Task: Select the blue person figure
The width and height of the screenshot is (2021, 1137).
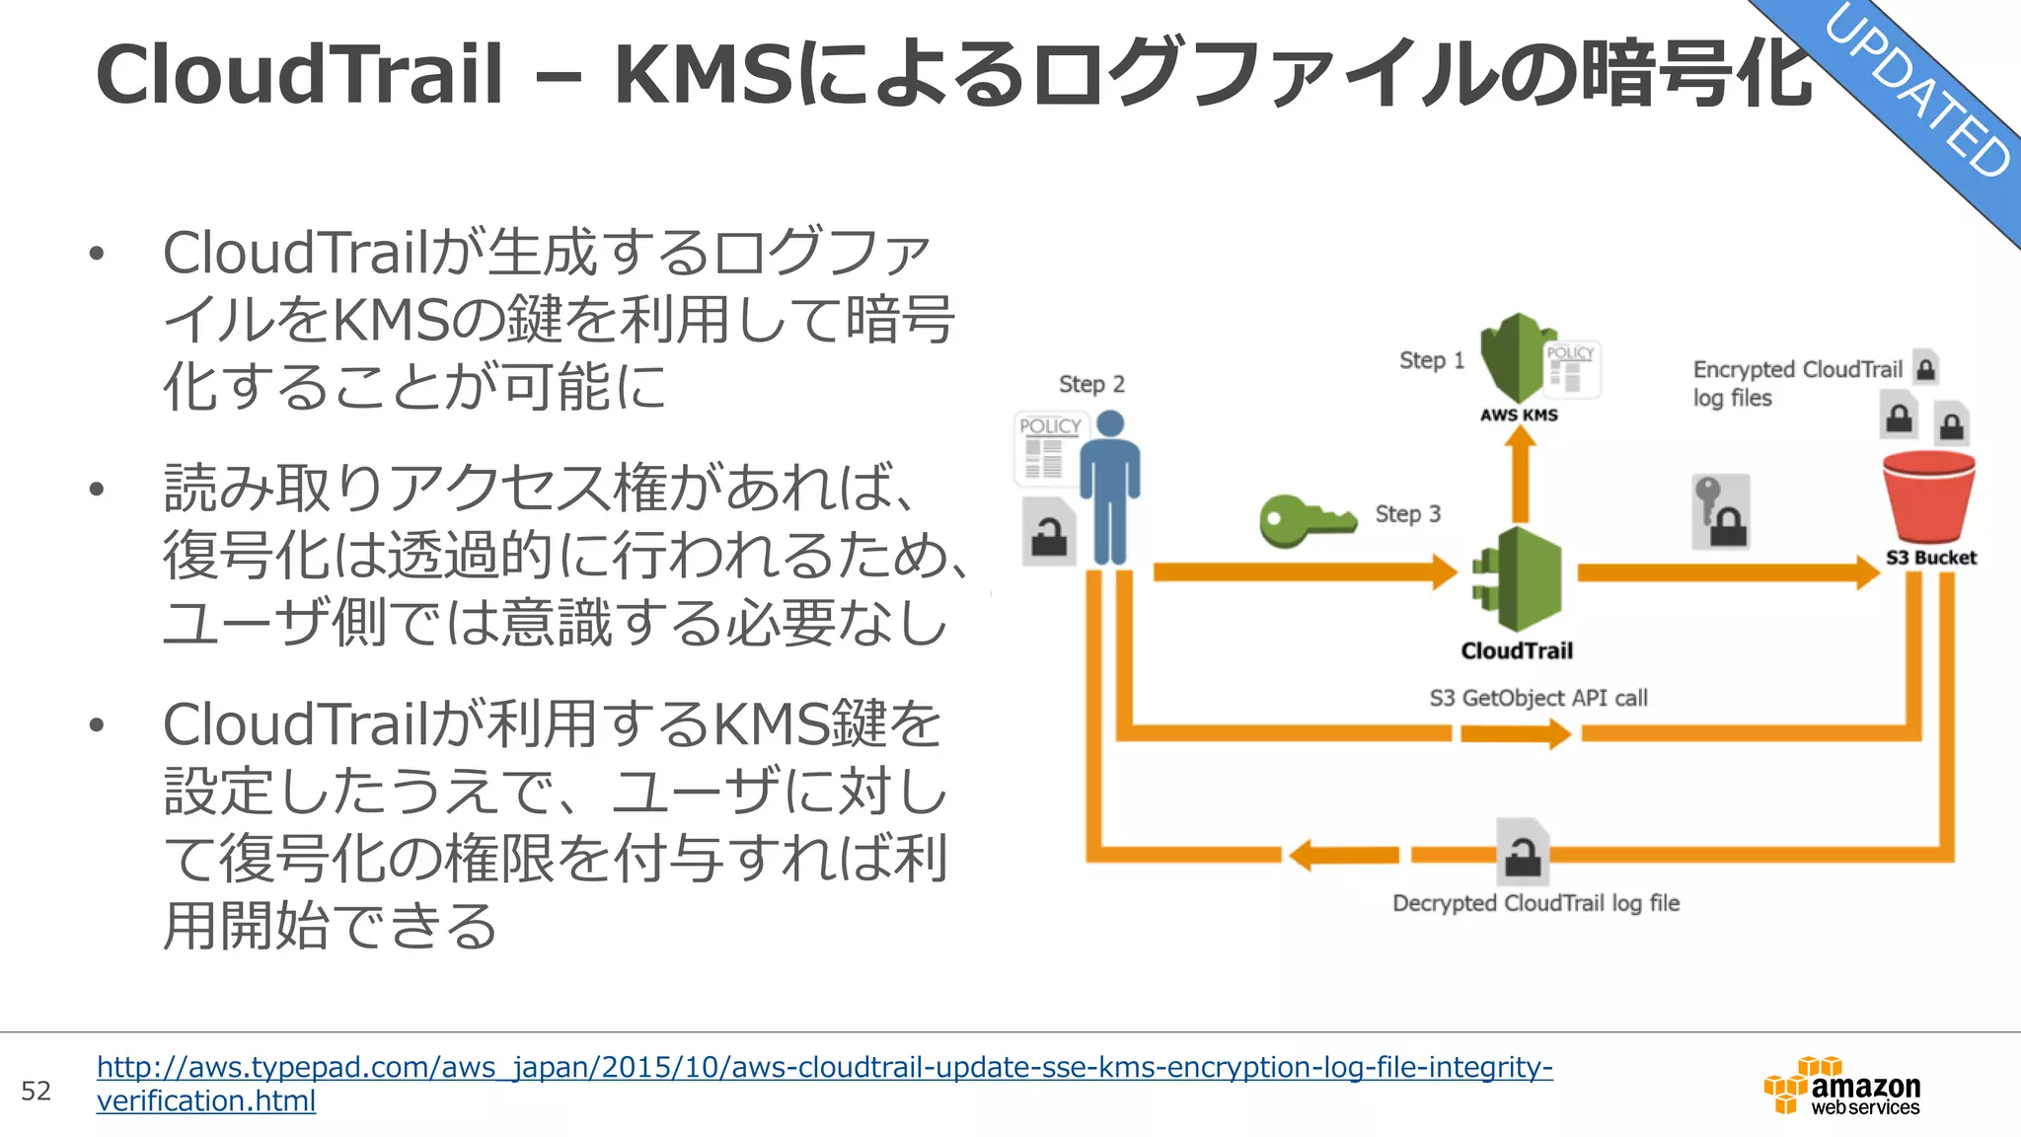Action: coord(1110,489)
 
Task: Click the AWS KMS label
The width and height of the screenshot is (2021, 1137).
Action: coord(1519,416)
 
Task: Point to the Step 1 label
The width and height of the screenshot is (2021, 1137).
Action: coord(1431,361)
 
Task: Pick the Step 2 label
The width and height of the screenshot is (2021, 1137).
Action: coord(1091,385)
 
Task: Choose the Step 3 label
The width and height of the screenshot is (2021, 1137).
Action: coord(1407,514)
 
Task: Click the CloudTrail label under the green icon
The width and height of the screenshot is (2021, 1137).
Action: coord(1517,651)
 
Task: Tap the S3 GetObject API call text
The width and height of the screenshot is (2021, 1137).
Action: coord(1538,699)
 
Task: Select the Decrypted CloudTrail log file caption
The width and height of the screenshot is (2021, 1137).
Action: coord(1535,904)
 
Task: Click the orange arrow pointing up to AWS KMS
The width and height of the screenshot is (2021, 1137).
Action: coord(1521,474)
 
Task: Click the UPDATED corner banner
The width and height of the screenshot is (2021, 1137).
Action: coord(1914,94)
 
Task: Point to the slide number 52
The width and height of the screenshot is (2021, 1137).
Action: coord(36,1091)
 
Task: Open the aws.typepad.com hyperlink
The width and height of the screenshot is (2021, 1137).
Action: coord(824,1068)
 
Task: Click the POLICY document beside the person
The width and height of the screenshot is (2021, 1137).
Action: coord(1047,449)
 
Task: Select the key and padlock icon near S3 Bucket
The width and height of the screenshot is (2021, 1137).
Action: coord(1721,512)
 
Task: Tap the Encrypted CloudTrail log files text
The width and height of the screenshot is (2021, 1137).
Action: coord(1796,383)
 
